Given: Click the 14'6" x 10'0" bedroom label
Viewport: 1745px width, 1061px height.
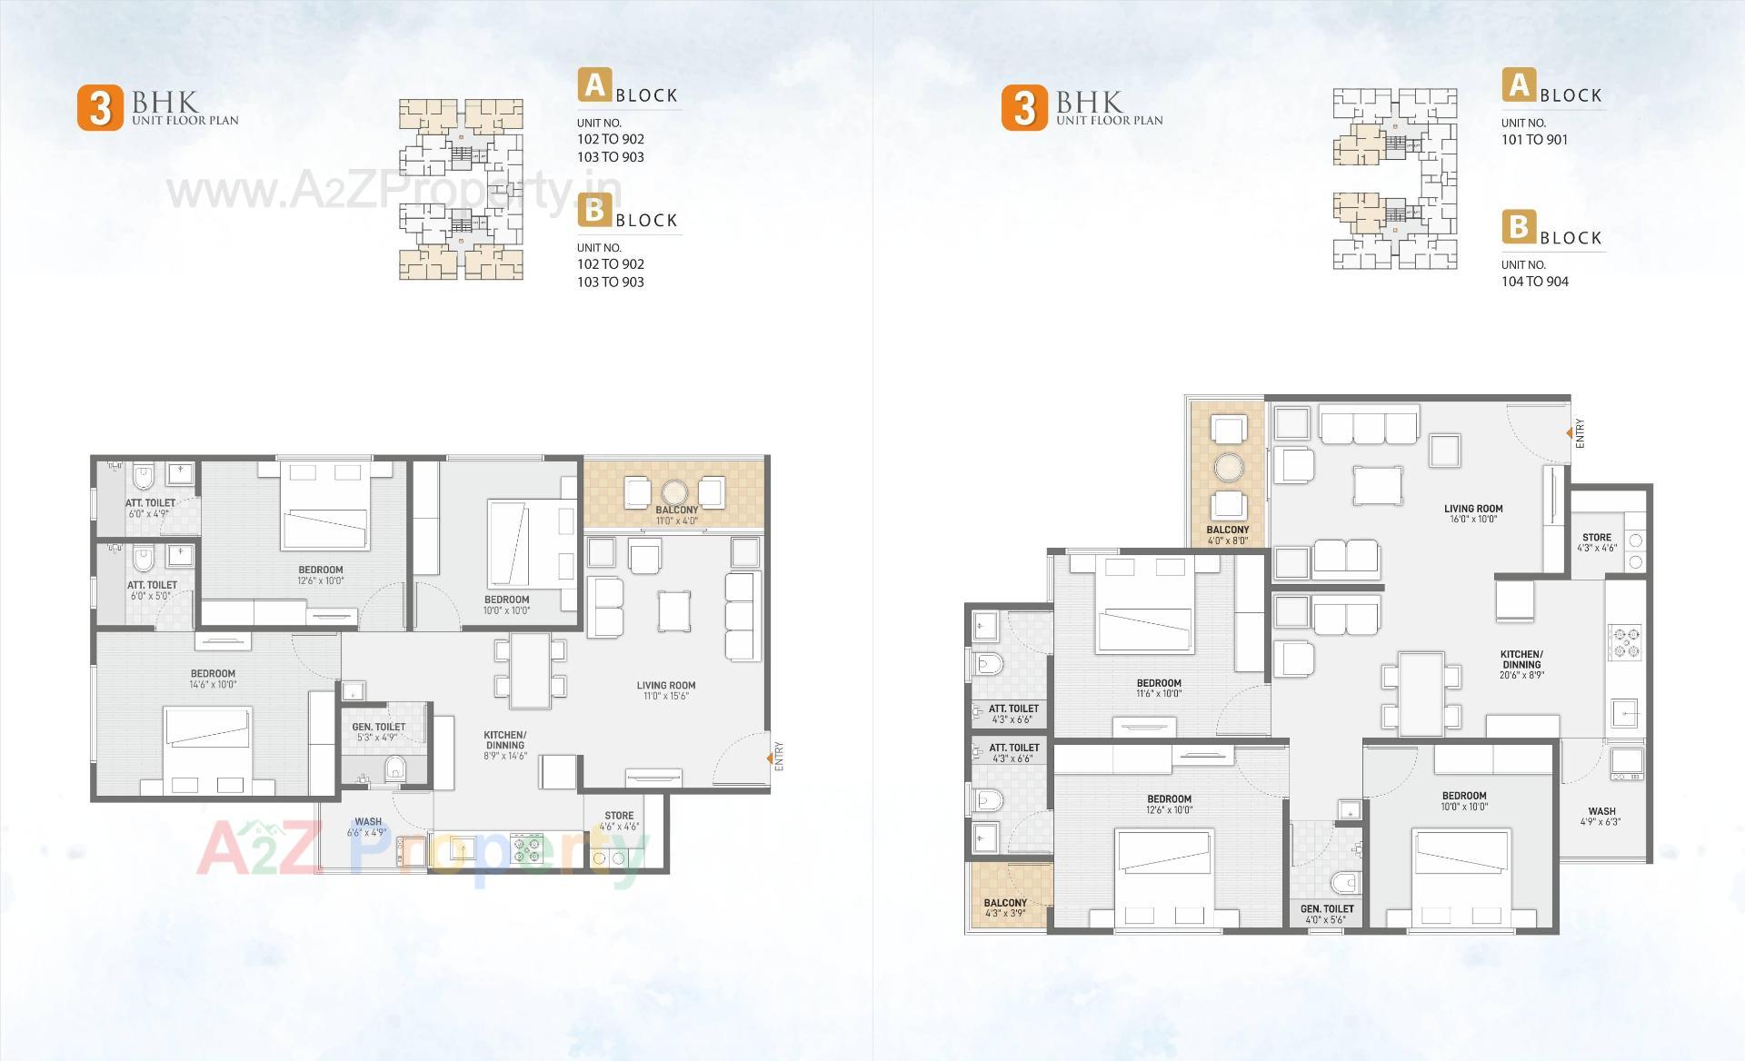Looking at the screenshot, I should (x=213, y=679).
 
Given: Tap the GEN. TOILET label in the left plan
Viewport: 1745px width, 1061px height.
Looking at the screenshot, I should (x=379, y=731).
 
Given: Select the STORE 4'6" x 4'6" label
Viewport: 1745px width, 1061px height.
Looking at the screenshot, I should (x=619, y=820).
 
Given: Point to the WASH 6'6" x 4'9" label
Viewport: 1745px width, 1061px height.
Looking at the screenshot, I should (x=368, y=827).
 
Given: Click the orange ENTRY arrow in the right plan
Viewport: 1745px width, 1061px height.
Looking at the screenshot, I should (x=1570, y=433).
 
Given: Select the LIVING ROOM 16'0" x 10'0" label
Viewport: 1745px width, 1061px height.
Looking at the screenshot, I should (x=1473, y=513).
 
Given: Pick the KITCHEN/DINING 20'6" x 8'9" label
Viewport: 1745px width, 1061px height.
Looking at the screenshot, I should (x=1521, y=664).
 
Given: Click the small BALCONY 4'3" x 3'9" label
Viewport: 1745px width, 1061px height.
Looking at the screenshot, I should (x=1005, y=907).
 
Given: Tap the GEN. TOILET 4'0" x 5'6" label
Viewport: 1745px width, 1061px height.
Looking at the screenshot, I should (x=1327, y=914).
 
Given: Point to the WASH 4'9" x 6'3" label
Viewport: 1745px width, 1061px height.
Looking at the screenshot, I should (x=1601, y=816).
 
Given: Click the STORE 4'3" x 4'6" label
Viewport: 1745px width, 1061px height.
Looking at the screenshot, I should (x=1597, y=542).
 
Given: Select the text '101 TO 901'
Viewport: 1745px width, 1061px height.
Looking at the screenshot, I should (x=1534, y=140).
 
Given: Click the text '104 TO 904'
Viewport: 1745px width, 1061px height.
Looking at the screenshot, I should (x=1534, y=282).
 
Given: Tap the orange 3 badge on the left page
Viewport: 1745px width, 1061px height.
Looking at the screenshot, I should (x=100, y=108).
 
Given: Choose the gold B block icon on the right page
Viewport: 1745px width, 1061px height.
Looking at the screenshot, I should (x=1518, y=226).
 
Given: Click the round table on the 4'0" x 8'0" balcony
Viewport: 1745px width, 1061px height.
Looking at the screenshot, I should (x=1228, y=467).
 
